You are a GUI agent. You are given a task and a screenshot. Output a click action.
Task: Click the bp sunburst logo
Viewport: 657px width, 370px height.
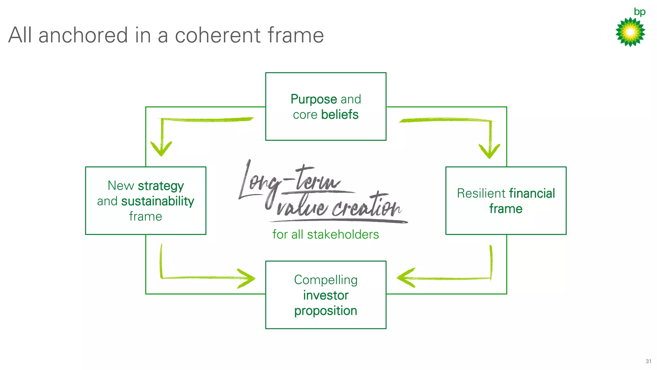point(630,32)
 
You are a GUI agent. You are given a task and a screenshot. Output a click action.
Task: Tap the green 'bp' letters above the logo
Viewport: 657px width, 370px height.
point(639,12)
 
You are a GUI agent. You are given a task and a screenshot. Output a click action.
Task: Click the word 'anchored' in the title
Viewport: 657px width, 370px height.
point(83,35)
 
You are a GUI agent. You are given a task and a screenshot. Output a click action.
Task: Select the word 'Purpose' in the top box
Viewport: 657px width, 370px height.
point(313,99)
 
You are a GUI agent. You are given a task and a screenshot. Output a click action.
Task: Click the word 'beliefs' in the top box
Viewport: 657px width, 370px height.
point(340,115)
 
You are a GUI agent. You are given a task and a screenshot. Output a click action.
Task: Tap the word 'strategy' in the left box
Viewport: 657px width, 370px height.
point(161,186)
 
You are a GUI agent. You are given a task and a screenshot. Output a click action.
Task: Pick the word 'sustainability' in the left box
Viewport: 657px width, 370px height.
point(158,201)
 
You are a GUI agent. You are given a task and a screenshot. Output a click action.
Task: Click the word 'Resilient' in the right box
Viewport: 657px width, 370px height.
point(481,193)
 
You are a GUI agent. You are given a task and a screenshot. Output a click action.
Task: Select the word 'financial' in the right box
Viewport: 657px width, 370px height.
point(532,193)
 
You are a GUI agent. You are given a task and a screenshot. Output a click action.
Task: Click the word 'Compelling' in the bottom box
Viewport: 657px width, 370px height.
point(326,280)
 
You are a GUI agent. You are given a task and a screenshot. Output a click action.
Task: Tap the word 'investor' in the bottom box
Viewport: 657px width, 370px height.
point(326,295)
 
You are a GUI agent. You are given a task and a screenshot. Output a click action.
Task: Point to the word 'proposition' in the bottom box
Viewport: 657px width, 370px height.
point(326,311)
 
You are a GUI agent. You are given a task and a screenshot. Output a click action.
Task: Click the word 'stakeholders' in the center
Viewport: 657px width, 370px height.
point(343,235)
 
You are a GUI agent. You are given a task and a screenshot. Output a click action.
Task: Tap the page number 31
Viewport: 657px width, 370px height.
point(648,361)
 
